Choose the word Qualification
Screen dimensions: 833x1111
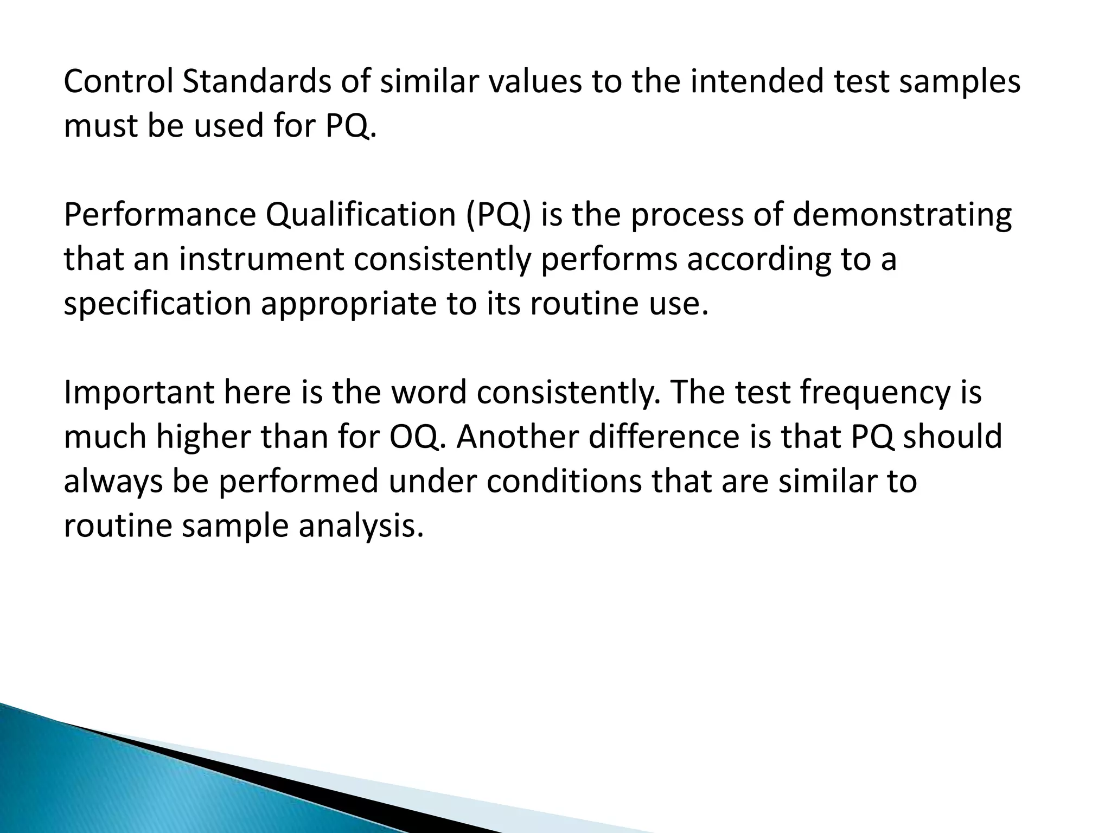click(360, 215)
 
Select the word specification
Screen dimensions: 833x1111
click(157, 304)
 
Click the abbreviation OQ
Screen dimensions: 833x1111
click(414, 437)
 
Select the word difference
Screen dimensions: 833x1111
click(664, 437)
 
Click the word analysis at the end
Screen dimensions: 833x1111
click(360, 526)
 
